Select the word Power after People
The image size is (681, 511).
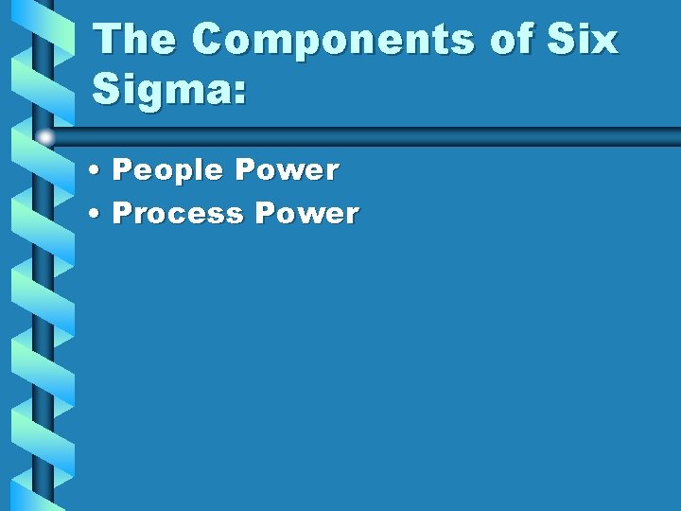click(287, 171)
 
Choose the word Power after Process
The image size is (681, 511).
click(306, 214)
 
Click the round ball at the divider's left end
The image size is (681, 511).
click(44, 137)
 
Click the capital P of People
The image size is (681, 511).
click(122, 171)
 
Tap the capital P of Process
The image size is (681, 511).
click(122, 214)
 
